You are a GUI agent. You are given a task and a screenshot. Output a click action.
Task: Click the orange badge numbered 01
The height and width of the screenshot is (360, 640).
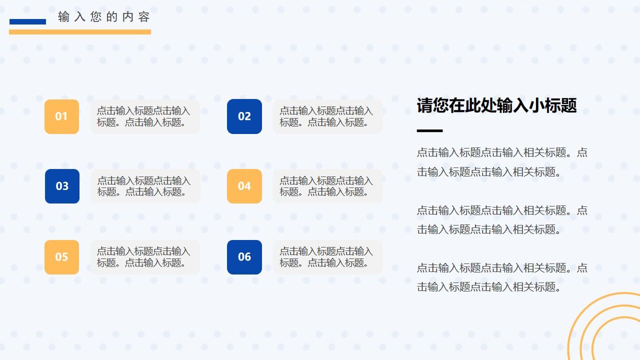pos(61,116)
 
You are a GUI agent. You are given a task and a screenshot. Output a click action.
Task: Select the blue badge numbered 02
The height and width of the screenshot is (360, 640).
pos(244,116)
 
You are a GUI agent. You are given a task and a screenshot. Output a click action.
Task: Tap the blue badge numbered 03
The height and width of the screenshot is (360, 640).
pos(62,186)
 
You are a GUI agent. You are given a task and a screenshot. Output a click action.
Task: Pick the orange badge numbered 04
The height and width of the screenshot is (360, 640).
pos(244,186)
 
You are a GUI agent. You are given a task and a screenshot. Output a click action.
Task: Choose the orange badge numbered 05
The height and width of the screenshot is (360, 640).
pos(61,257)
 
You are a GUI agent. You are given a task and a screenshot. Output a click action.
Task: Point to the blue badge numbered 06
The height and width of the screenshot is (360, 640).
pos(244,257)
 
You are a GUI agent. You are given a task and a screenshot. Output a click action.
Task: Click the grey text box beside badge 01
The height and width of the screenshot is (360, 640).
pos(145,116)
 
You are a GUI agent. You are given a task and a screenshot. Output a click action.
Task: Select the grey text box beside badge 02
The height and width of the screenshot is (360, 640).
pos(327,116)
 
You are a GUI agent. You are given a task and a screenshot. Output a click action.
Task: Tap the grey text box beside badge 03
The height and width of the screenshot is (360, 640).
pos(145,186)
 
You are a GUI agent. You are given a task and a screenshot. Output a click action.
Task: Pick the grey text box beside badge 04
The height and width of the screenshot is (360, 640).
pos(327,186)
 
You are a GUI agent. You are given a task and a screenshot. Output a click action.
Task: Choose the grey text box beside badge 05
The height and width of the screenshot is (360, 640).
pos(145,257)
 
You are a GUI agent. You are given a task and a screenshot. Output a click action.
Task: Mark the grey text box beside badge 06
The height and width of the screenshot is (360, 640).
pos(327,257)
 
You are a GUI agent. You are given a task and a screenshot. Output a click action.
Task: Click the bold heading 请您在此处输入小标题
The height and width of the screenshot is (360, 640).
pos(496,105)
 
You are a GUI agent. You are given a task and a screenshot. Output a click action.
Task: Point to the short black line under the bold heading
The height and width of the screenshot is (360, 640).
pos(429,131)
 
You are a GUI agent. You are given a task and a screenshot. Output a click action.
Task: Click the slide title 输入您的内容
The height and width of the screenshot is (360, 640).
pos(104,17)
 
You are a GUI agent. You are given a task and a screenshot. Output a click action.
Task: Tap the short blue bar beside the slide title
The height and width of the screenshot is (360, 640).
pos(27,21)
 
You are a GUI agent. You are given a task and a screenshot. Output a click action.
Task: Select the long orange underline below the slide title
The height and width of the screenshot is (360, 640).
pos(80,32)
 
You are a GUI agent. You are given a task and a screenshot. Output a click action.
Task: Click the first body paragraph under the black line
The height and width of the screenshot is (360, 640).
pos(502,162)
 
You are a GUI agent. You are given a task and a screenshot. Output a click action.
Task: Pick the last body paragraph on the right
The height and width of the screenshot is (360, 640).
pos(502,277)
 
